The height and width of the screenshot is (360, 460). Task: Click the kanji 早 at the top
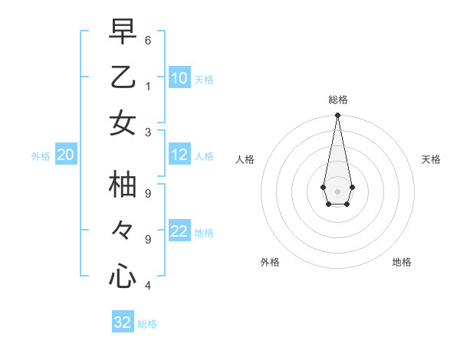[123, 32]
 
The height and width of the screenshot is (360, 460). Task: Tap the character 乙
[123, 77]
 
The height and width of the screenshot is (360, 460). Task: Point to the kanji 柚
[123, 185]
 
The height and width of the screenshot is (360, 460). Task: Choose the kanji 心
[123, 275]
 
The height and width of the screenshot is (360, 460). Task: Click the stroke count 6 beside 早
[147, 40]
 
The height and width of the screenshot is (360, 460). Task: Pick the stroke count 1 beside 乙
[147, 85]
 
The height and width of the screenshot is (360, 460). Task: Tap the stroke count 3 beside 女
[147, 131]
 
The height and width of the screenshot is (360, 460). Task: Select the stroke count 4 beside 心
[147, 285]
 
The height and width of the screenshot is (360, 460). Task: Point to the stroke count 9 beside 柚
[147, 194]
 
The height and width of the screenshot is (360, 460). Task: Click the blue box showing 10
[179, 78]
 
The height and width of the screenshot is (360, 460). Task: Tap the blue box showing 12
[179, 155]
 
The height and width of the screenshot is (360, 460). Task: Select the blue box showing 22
[179, 232]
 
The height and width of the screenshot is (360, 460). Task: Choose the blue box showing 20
[65, 155]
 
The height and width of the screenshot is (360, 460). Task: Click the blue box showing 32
[123, 322]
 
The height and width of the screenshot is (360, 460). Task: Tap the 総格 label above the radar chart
[337, 100]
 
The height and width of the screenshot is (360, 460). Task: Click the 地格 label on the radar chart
[402, 262]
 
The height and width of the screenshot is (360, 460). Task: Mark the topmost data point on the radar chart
[337, 116]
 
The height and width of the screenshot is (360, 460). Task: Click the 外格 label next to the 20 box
[41, 156]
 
